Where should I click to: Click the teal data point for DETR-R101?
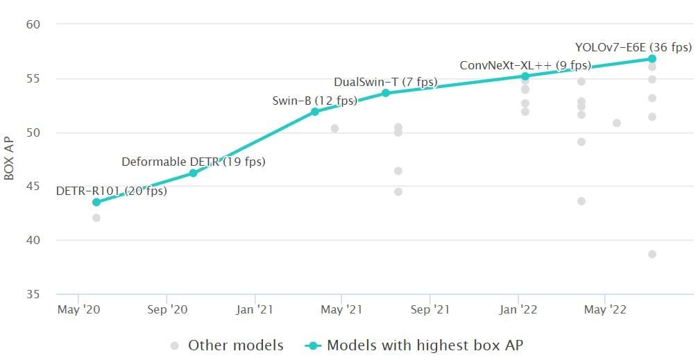point(96,202)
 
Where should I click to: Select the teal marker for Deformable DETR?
point(194,173)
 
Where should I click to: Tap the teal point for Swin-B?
point(315,111)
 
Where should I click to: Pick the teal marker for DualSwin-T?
point(386,92)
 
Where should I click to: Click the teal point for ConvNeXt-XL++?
point(525,76)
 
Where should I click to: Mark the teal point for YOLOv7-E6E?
point(652,59)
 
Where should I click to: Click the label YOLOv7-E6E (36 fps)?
point(633,47)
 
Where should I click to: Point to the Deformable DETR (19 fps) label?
point(194,162)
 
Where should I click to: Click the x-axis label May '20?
point(78,310)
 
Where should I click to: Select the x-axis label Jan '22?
point(518,310)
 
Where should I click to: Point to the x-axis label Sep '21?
point(430,310)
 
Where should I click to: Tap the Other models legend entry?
point(227,345)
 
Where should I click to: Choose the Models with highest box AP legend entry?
point(418,345)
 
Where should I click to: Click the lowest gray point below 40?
point(652,254)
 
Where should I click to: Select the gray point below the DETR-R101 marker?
point(96,218)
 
